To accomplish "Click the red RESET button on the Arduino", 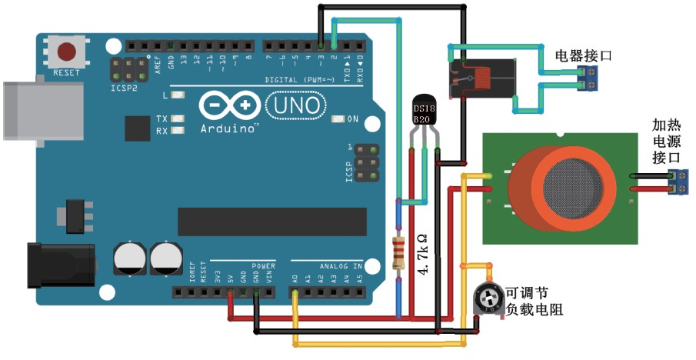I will pyautogui.click(x=68, y=52).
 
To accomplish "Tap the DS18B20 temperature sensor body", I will pyautogui.click(x=425, y=112).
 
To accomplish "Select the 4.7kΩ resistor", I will pyautogui.click(x=398, y=252).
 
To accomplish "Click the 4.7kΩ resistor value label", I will pyautogui.click(x=421, y=255).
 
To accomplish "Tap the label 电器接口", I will pyautogui.click(x=584, y=55).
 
